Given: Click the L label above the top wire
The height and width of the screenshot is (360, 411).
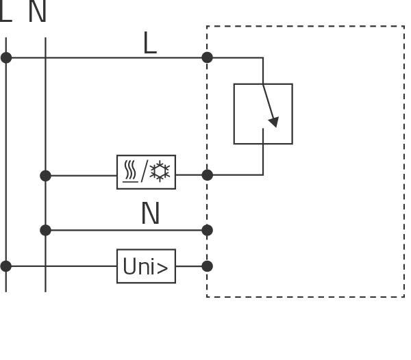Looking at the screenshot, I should (x=149, y=44).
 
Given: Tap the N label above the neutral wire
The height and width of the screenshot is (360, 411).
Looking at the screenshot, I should (x=150, y=214).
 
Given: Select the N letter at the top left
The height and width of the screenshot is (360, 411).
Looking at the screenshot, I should (x=38, y=12).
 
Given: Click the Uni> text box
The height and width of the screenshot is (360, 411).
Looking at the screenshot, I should (x=146, y=266).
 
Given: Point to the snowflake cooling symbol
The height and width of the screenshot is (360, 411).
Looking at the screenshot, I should (x=160, y=172).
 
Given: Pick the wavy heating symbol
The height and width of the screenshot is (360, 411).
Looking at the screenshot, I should (x=129, y=172).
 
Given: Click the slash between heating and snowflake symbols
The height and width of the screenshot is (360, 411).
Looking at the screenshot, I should (x=144, y=172).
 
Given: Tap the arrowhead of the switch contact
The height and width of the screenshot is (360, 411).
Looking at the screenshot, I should (x=274, y=122).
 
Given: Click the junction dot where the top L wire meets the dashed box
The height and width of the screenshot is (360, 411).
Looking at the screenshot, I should (x=207, y=57).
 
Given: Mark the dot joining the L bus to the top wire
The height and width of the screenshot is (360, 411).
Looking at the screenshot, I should (x=6, y=57).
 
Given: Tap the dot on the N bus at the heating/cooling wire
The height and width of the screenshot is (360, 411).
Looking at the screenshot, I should (x=45, y=176).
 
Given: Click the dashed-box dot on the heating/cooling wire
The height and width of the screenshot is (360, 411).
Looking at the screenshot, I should (x=207, y=175).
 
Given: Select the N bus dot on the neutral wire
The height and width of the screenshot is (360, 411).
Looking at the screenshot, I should (x=45, y=230).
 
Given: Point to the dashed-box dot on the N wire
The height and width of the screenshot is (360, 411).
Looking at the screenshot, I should (x=207, y=230).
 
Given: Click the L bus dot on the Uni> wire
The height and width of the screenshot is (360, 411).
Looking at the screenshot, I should (x=6, y=266).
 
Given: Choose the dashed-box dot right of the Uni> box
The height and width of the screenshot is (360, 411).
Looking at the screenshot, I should (x=207, y=266).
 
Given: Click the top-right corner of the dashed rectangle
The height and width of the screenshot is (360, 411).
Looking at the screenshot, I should (x=403, y=27).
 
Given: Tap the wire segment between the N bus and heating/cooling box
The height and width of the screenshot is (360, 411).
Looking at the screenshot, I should (x=81, y=176).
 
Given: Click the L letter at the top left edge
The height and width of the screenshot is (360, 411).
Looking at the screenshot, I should (x=5, y=12).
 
